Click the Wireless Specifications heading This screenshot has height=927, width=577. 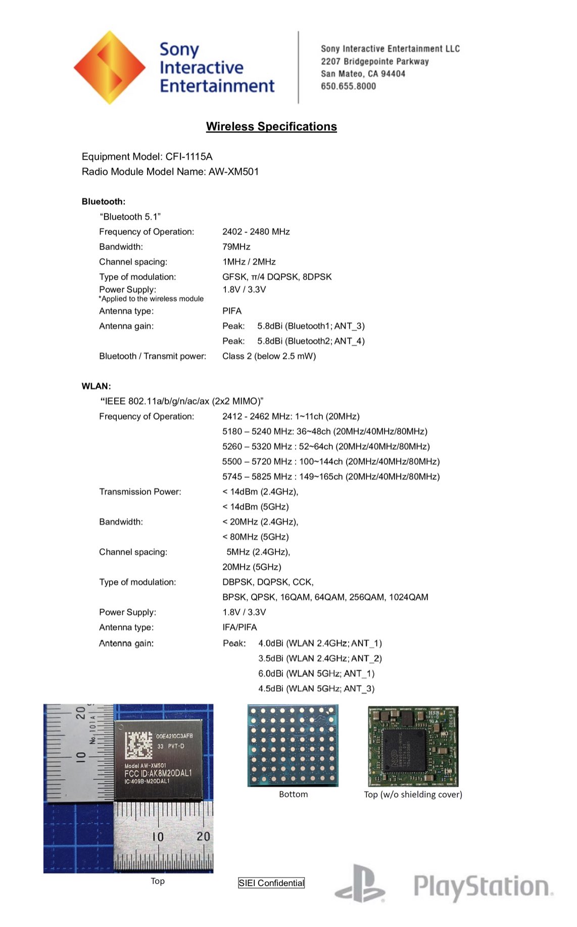(271, 126)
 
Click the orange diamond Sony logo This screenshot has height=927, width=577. (110, 67)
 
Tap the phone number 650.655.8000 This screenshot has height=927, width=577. (348, 86)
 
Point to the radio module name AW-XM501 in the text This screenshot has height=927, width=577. (233, 172)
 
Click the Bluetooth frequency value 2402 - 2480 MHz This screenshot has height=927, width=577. (256, 232)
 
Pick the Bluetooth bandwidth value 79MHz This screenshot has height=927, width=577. (236, 247)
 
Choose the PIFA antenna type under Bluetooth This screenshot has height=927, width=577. (232, 311)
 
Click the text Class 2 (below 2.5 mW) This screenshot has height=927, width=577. (269, 356)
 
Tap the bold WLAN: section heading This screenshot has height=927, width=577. (96, 386)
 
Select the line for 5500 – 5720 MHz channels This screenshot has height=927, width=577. (330, 462)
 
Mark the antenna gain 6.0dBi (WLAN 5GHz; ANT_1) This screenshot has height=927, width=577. (316, 673)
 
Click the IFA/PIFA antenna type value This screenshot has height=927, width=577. (239, 627)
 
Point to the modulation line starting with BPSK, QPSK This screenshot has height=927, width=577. (325, 597)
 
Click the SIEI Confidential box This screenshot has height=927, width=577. (271, 883)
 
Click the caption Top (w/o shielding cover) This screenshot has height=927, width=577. (413, 795)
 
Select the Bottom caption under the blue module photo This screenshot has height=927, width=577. (293, 795)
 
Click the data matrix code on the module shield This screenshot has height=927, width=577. (138, 746)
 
